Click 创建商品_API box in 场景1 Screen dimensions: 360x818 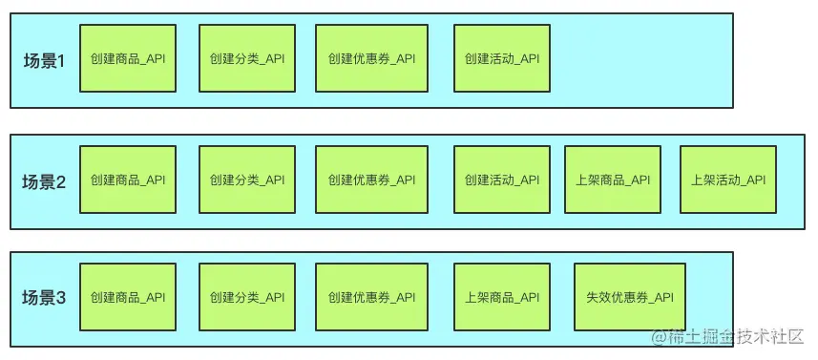[x=128, y=58]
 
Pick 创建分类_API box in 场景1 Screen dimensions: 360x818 [x=246, y=58]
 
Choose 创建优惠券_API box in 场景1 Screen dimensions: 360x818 [x=371, y=58]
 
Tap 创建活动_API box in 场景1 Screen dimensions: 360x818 [x=502, y=58]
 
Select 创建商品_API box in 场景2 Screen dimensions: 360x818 [x=128, y=180]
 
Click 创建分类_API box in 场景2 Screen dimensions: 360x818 [x=246, y=180]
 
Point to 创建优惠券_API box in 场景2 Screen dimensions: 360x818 [x=371, y=180]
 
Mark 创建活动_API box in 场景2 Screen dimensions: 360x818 [x=502, y=180]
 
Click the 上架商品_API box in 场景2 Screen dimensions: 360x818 [x=613, y=180]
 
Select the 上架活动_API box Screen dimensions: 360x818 [x=728, y=180]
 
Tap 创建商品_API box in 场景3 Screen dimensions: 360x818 [x=128, y=297]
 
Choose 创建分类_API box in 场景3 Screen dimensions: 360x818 [x=246, y=297]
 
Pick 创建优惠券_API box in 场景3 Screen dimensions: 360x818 [x=371, y=297]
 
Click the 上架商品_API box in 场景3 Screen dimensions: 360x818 [x=502, y=297]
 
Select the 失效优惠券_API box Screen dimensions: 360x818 [x=629, y=297]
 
